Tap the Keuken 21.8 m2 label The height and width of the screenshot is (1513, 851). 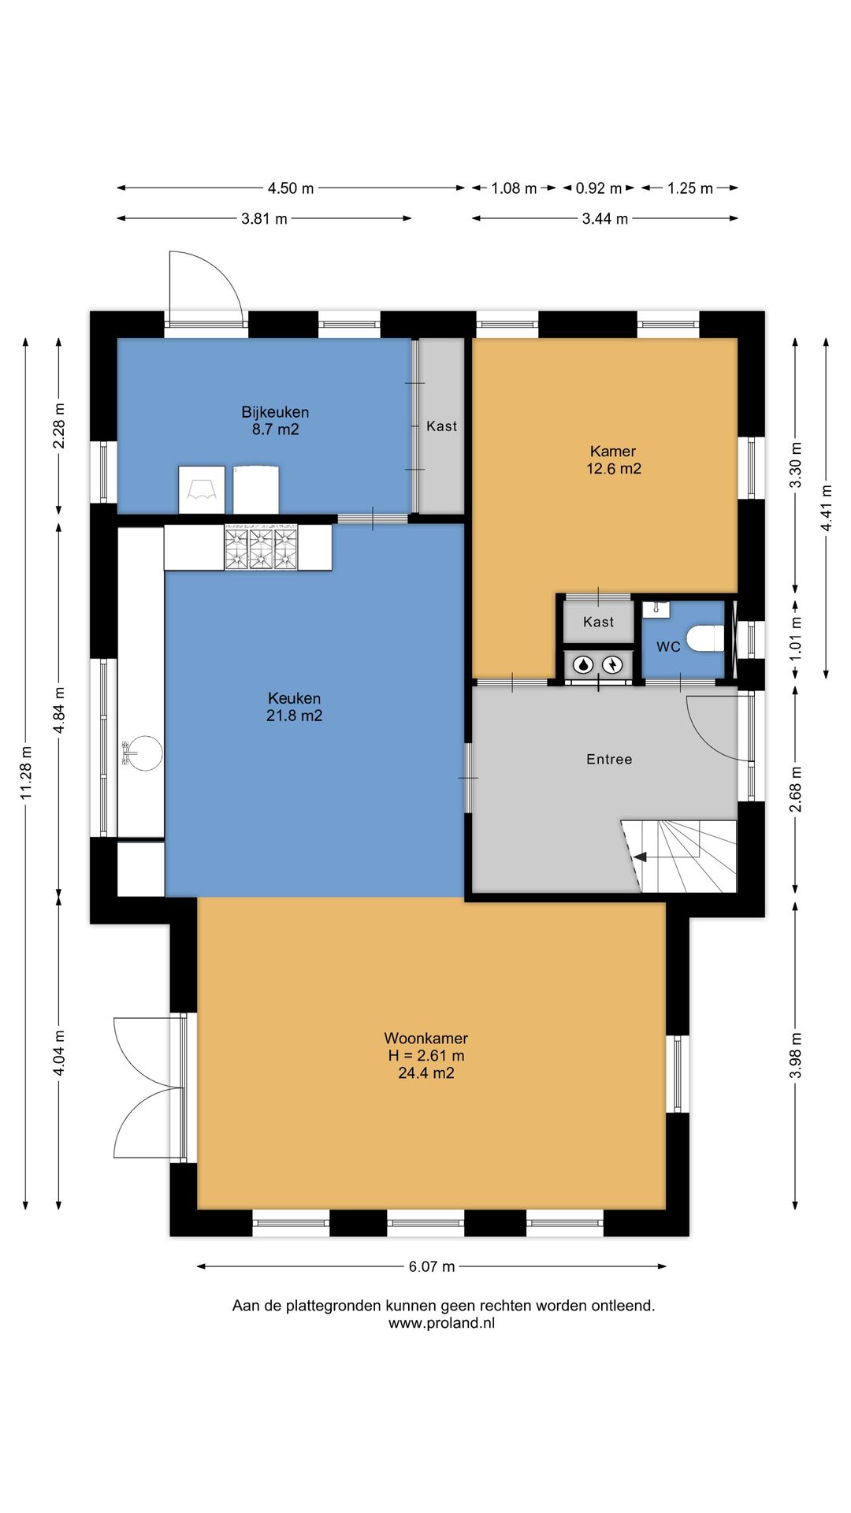point(295,707)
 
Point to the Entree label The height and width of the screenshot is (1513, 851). point(609,760)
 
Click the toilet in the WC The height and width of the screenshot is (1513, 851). point(704,638)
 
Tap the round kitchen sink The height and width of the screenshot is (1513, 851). point(142,754)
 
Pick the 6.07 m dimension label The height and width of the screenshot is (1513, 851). point(432,1266)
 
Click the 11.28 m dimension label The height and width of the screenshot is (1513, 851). point(26,772)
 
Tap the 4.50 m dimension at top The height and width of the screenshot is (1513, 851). point(291,188)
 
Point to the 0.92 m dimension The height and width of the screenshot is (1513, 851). point(599,188)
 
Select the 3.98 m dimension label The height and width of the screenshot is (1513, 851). point(796,1055)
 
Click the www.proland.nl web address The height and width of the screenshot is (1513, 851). point(441,1323)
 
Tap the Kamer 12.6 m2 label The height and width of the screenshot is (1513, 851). point(614,460)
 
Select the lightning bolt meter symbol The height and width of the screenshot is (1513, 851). point(612,665)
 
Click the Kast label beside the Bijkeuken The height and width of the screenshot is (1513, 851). point(441,426)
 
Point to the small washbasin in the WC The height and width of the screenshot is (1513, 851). point(656,609)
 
